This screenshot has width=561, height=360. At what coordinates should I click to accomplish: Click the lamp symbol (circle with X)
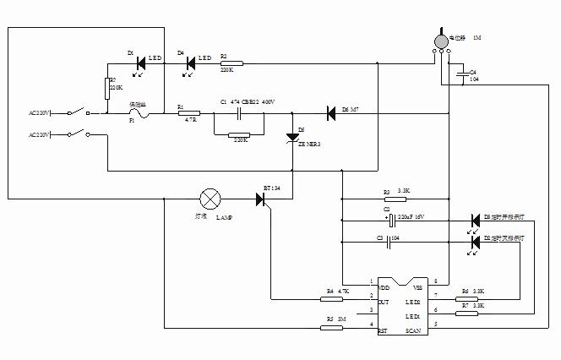pyautogui.click(x=210, y=199)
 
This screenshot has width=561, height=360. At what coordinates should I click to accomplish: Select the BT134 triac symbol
pyautogui.click(x=262, y=199)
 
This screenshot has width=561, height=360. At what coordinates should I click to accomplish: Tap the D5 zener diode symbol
pyautogui.click(x=293, y=136)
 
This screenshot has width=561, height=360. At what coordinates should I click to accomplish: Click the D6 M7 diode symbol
pyautogui.click(x=331, y=112)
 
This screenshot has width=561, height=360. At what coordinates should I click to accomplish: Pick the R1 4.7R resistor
pyautogui.click(x=188, y=112)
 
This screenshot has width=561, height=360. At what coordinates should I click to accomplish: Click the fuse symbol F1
pyautogui.click(x=138, y=112)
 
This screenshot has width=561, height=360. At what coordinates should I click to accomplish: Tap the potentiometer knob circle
pyautogui.click(x=440, y=40)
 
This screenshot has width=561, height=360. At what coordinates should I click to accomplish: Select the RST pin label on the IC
pyautogui.click(x=383, y=330)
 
